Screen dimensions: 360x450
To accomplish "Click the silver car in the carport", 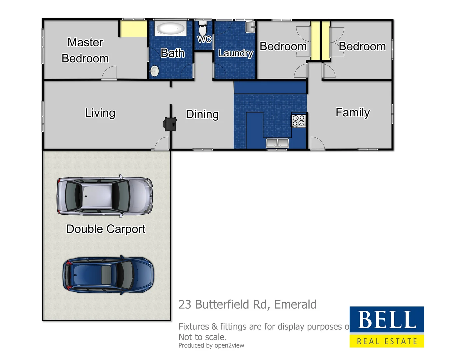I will pos(105,196).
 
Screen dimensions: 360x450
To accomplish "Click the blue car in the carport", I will pos(108,275).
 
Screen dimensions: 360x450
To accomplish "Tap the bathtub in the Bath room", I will pos(170,29).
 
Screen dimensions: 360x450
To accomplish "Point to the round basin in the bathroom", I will pos(154,71).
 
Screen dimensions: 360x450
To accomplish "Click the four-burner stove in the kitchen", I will pos(298,121).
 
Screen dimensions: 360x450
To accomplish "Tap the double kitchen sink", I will pos(277,143).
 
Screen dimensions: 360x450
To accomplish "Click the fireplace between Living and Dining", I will pos(170,124).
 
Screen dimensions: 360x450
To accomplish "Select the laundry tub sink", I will pos(250,27).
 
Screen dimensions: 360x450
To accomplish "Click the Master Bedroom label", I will pos(85,50).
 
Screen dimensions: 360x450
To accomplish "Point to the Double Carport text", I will pos(106,229).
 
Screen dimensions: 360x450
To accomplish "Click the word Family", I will pos(352,113).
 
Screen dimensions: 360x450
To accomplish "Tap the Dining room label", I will pos(202,114).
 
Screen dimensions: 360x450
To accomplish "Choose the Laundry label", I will pos(235,53).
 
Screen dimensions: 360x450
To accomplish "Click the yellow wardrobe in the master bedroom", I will pos(133,29).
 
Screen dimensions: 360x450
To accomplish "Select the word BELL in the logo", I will pos(387,320).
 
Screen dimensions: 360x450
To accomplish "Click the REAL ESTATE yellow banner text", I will pos(387,341).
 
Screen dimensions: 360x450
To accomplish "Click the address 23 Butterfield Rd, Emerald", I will pos(247,305).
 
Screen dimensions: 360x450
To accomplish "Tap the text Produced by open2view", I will pos(211,346).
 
